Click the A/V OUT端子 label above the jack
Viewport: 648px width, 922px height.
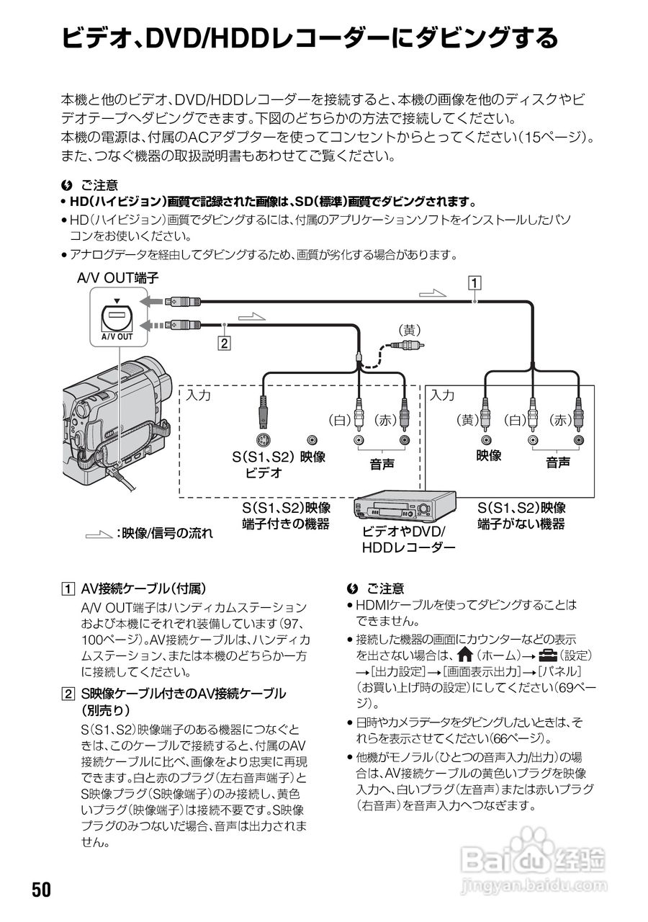click(x=117, y=277)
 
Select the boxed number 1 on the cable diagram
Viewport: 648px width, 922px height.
click(x=474, y=282)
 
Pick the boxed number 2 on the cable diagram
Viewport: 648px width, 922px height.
click(x=225, y=344)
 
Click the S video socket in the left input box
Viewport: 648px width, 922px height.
click(x=264, y=440)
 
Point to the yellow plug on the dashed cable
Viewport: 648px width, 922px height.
click(x=408, y=345)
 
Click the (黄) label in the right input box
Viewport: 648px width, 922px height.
click(x=468, y=419)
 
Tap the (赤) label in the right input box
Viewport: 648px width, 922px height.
click(x=561, y=419)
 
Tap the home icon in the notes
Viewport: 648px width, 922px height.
click(x=464, y=655)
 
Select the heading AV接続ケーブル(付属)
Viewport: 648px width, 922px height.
click(x=143, y=588)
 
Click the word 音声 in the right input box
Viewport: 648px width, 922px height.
click(x=557, y=463)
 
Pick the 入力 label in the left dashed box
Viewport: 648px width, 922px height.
click(x=199, y=395)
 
